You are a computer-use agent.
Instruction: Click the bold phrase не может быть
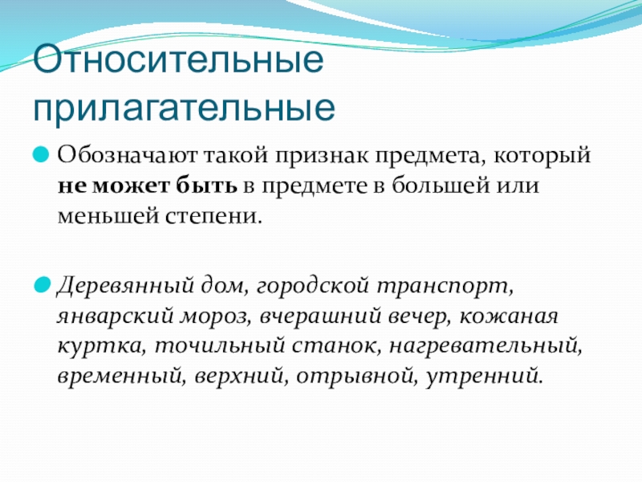pos(146,186)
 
